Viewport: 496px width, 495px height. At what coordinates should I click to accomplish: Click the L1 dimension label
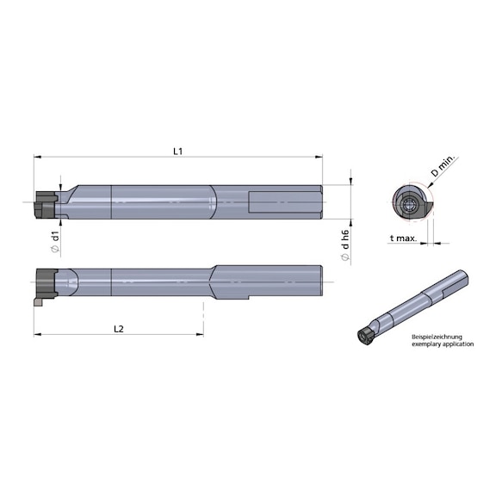177,151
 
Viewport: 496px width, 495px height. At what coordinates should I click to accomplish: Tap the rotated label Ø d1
55,240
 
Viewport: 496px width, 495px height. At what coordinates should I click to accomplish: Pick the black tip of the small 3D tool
365,336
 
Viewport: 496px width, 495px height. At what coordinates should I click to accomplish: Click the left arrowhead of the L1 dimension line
37,158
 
